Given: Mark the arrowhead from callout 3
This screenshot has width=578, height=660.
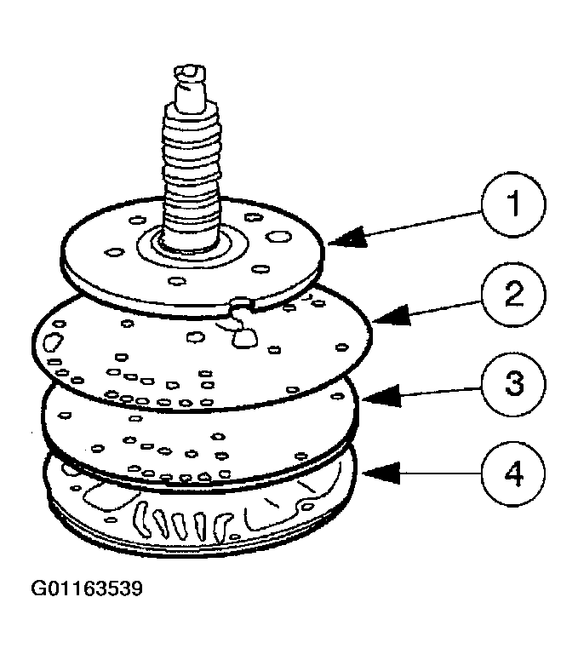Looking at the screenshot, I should pyautogui.click(x=371, y=397).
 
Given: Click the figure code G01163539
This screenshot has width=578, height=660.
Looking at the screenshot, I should pyautogui.click(x=87, y=588).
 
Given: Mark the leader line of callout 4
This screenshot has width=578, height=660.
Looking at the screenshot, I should pyautogui.click(x=426, y=472).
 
